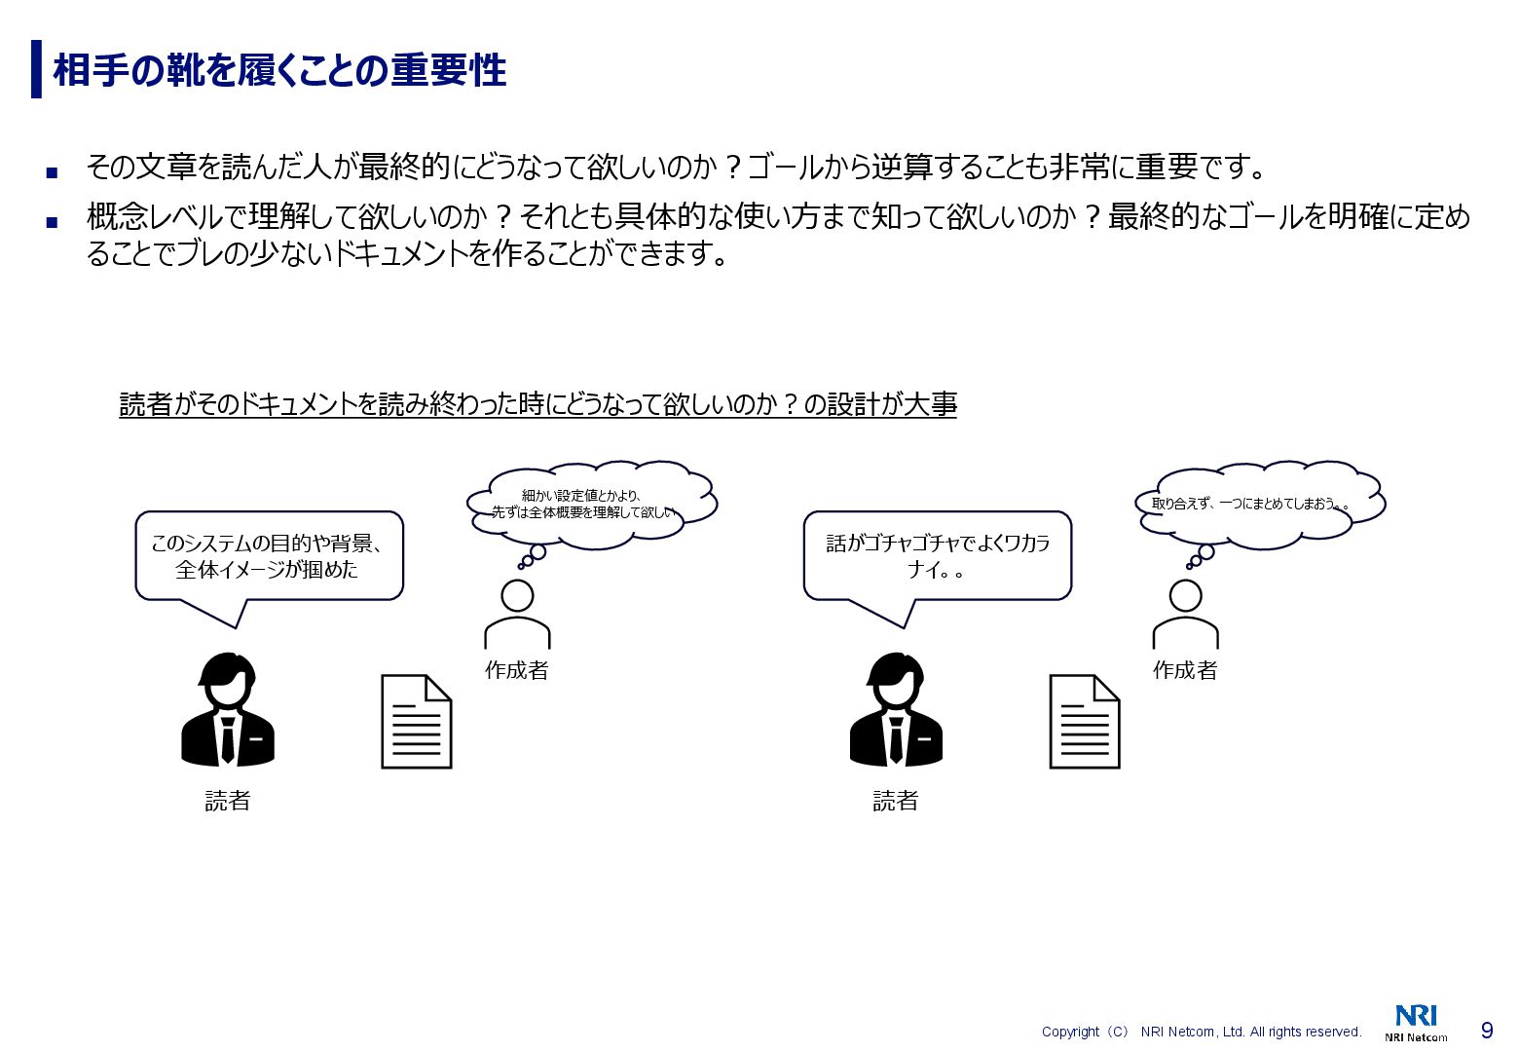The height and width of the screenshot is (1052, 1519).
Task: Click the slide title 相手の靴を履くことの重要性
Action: [279, 70]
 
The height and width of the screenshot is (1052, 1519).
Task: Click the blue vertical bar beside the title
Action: [36, 69]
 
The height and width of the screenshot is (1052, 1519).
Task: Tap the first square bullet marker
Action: [52, 172]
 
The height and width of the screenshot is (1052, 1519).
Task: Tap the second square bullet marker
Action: [52, 222]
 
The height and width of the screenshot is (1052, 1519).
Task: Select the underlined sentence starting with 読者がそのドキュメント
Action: [537, 404]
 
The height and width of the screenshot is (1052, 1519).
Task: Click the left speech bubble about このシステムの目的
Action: [268, 556]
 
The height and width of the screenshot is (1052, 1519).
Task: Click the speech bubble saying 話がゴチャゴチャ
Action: [937, 556]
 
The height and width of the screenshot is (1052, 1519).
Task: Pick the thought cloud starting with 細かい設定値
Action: [590, 505]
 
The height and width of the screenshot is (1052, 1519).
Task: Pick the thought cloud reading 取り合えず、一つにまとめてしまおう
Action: [1260, 503]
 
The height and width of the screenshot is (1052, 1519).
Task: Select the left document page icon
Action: [417, 722]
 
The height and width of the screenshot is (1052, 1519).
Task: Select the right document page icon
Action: [1085, 722]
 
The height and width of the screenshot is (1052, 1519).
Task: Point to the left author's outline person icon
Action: [517, 615]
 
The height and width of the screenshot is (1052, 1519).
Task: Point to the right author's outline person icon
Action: [1185, 615]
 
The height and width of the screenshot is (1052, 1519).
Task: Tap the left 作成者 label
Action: [517, 670]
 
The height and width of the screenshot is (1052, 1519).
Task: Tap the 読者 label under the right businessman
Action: [896, 801]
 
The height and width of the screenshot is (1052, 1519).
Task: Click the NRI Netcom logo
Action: [1416, 1023]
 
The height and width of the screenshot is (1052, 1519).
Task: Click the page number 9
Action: [1487, 1031]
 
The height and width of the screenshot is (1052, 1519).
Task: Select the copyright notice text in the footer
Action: [1202, 1032]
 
